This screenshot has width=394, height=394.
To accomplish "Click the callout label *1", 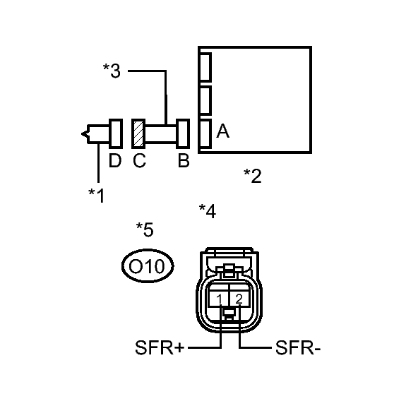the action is coord(97,196).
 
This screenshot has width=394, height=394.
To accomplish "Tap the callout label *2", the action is coord(253,176).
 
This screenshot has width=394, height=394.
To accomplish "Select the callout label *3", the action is coord(112,71).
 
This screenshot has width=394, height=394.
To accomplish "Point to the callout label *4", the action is coord(208,211).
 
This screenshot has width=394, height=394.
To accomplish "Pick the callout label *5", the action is coord(145,229).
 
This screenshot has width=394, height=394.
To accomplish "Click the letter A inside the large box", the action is coord(223,131).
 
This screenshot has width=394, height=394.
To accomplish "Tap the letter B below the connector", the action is coord(184,160).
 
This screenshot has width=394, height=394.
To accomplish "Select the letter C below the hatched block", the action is coord(140,160).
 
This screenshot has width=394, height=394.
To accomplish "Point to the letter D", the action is coord(115,160).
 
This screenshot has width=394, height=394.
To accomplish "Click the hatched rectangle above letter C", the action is coord(138,133).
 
